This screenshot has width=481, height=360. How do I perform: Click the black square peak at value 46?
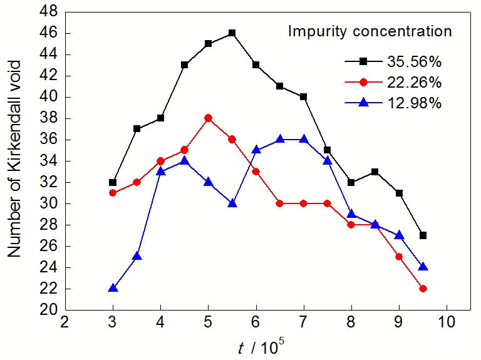tap(232, 33)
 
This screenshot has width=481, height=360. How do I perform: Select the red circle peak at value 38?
tap(208, 118)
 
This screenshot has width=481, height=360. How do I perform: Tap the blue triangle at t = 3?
tap(113, 288)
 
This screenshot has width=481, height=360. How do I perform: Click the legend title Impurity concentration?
tap(370, 31)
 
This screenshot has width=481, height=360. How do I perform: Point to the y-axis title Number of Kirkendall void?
tap(15, 158)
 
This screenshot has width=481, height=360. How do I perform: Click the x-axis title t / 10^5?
tap(262, 346)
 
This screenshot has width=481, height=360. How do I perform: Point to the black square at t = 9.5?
tap(423, 235)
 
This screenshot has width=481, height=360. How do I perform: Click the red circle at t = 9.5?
tap(423, 289)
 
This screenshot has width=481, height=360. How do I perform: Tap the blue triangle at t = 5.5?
tap(232, 203)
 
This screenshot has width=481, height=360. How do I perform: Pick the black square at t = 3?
tap(113, 182)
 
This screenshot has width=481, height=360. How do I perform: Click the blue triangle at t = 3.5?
tap(137, 256)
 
